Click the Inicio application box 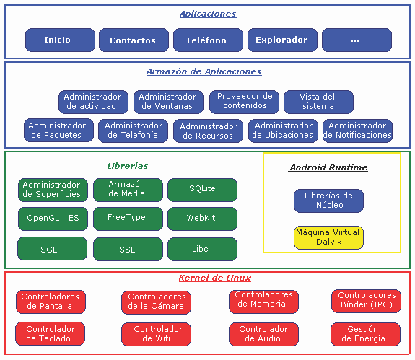point(60,40)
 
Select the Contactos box point(134,40)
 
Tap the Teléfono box point(208,40)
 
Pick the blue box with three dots point(357,40)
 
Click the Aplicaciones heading point(208,14)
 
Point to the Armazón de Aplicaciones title point(204,71)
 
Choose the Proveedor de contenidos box point(244,102)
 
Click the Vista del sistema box point(318,102)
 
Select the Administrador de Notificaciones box point(357,131)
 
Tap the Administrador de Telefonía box point(133,131)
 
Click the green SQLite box point(203,190)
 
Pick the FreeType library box point(128,219)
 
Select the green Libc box point(203,249)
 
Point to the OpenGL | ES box point(53,219)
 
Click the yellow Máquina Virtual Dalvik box point(328,237)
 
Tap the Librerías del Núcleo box point(328,201)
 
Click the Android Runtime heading point(328,167)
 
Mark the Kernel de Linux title point(214,278)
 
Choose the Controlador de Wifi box point(156,334)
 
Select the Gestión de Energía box point(365,334)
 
